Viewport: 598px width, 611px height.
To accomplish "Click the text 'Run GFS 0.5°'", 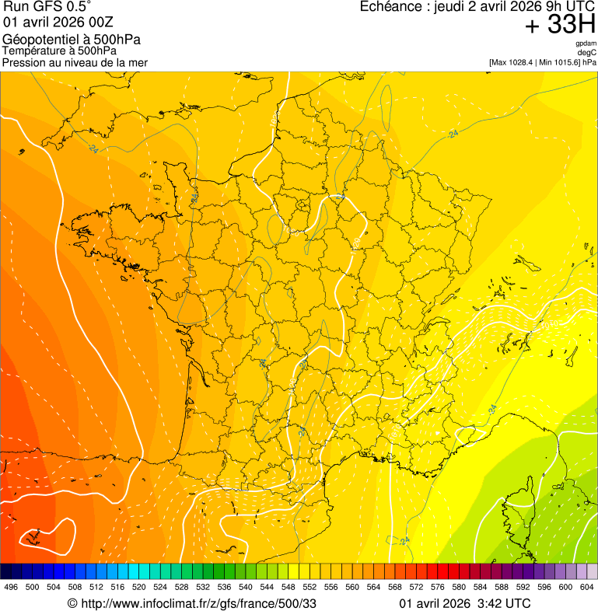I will pyautogui.click(x=47, y=9).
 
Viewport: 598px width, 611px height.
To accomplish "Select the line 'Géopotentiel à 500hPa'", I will pyautogui.click(x=72, y=40).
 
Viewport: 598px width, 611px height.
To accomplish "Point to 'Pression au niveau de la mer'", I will pyautogui.click(x=75, y=62).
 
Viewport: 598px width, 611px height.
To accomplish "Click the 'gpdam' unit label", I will pyautogui.click(x=586, y=44).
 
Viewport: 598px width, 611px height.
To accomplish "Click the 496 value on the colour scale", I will pyautogui.click(x=11, y=588).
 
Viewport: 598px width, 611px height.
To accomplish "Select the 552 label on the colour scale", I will pyautogui.click(x=309, y=588).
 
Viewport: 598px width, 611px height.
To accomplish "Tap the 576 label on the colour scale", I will pyautogui.click(x=437, y=588).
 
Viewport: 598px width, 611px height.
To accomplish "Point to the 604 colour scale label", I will pyautogui.click(x=586, y=588).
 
